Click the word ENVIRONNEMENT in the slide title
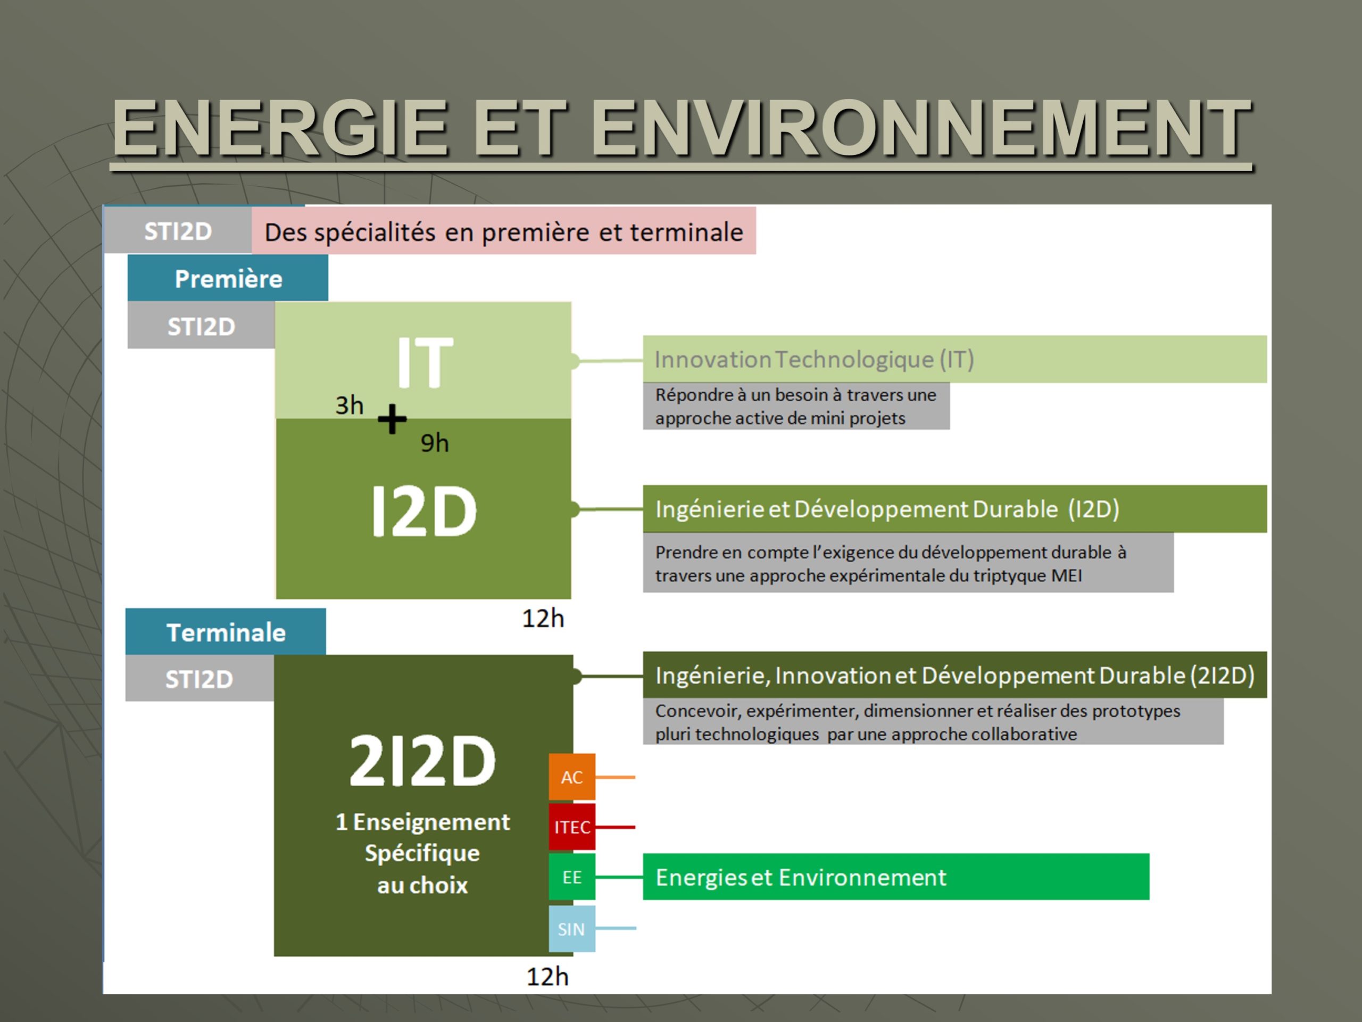pos(922,128)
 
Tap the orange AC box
pos(572,777)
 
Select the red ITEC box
pos(572,827)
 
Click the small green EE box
pos(572,877)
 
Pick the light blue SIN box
pos(572,928)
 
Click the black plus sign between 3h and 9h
pos(392,419)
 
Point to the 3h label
pos(349,406)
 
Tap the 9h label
pos(435,443)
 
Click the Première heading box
pos(228,278)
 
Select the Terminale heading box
pos(226,631)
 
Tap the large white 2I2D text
pos(422,761)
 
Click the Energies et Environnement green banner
pos(896,877)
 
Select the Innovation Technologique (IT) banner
pos(955,359)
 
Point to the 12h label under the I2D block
pos(543,619)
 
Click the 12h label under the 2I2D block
pos(547,976)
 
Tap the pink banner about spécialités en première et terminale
pos(504,231)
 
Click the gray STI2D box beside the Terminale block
pos(200,678)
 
